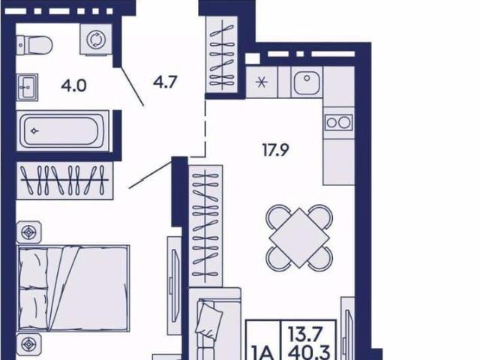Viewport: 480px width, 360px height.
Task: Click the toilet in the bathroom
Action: coord(34,45)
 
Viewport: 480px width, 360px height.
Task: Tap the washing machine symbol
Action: coord(96,40)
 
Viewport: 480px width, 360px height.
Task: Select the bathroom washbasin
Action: coord(27,87)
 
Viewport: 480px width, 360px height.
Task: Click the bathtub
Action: coord(63,131)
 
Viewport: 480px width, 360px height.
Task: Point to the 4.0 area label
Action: coord(73,85)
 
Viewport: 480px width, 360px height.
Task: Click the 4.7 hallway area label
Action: coord(165,82)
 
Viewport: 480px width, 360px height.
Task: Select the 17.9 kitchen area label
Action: coord(275,150)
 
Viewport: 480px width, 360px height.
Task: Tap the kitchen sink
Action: coord(307,82)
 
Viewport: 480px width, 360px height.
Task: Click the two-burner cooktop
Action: coord(338,122)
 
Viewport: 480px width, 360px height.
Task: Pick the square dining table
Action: coord(299,238)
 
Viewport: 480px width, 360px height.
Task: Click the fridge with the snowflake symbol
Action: coord(262,82)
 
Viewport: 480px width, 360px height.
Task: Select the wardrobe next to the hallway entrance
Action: coord(222,54)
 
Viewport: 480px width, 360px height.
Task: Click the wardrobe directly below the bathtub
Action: coord(64,181)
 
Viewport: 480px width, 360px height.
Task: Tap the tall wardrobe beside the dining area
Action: coord(206,226)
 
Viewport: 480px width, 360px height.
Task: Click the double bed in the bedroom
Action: coord(73,288)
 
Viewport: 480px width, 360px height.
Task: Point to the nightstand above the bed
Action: coord(28,232)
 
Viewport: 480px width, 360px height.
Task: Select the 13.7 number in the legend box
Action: coord(305,333)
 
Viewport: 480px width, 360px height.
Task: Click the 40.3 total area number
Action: coord(309,352)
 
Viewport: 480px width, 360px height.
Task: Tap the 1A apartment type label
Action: coord(262,353)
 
